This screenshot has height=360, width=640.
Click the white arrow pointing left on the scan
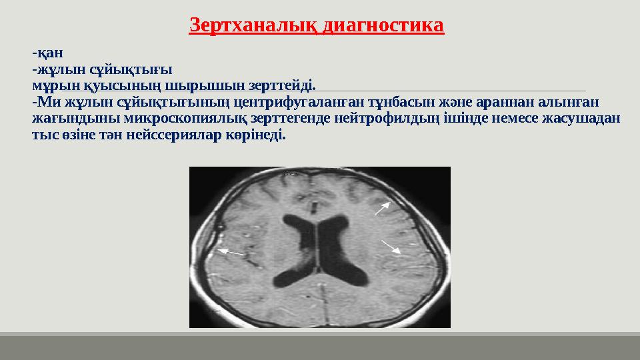tap(231, 253)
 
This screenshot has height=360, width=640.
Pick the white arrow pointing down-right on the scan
tap(391, 247)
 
